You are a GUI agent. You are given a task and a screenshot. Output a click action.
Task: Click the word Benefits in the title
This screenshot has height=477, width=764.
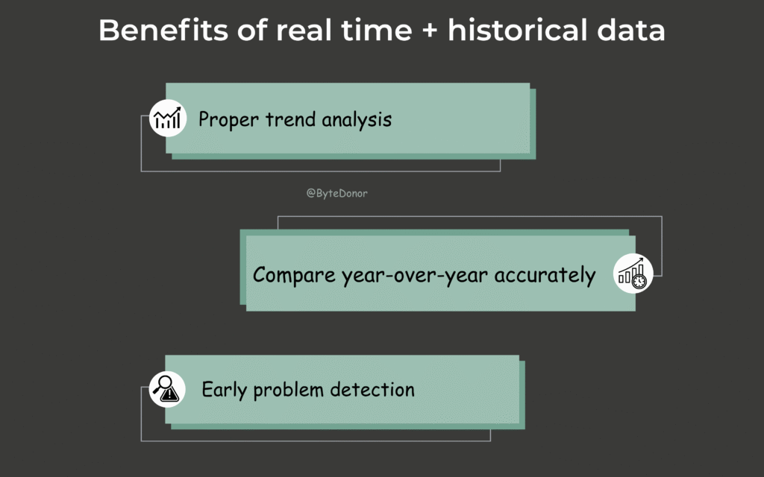click(163, 30)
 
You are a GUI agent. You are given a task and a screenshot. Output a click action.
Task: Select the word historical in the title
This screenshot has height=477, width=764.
click(518, 30)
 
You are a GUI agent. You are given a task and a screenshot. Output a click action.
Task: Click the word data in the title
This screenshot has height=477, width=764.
click(630, 30)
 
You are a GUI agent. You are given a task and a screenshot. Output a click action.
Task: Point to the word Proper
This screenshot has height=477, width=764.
click(228, 120)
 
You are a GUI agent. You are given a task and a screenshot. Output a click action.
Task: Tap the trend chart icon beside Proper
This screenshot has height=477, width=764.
click(168, 119)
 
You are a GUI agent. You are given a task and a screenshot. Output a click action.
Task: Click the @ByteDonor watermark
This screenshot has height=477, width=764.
click(336, 193)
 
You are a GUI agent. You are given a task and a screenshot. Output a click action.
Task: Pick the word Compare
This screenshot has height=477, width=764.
click(294, 276)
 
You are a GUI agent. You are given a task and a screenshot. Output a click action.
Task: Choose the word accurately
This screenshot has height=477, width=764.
click(545, 276)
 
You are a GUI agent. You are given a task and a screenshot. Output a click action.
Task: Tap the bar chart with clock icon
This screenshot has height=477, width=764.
click(633, 274)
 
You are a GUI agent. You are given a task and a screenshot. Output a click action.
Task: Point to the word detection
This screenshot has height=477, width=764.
click(372, 389)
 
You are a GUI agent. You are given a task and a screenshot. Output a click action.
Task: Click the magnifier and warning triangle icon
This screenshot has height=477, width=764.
click(167, 389)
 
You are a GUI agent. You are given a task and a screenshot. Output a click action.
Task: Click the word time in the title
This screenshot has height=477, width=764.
click(376, 30)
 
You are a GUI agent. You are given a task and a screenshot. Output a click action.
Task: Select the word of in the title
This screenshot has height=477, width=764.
click(251, 30)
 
